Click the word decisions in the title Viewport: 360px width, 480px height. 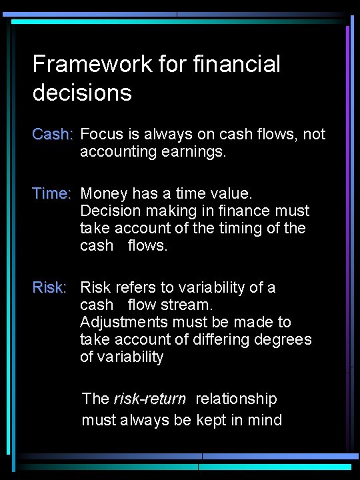(x=82, y=93)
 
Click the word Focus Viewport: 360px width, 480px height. (x=99, y=134)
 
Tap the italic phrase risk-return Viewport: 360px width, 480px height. (x=150, y=399)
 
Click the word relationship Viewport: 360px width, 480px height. (x=235, y=399)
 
